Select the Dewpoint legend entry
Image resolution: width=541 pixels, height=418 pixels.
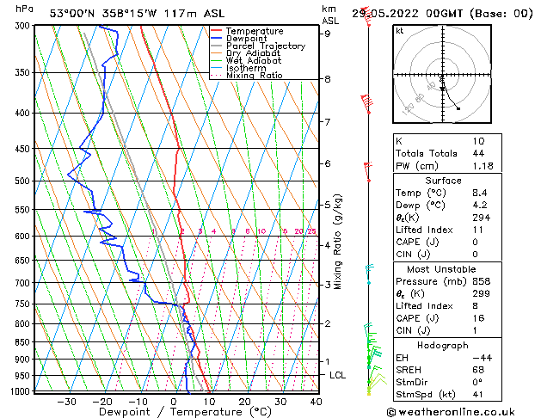point(247,39)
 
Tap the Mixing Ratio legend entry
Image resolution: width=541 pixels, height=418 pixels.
point(255,76)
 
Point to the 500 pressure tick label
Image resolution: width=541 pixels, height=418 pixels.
point(22,181)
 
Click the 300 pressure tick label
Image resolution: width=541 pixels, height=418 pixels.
point(22,26)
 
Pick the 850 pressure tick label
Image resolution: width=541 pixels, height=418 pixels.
point(22,342)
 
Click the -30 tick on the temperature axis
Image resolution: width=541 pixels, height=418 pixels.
point(66,402)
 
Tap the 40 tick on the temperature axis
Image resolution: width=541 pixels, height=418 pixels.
point(316,402)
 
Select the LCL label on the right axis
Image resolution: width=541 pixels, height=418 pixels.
point(338,376)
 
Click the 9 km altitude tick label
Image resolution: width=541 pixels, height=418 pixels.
point(328,34)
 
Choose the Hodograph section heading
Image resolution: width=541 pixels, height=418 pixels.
point(444,345)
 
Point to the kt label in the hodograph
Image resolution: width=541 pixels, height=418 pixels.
point(400,31)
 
